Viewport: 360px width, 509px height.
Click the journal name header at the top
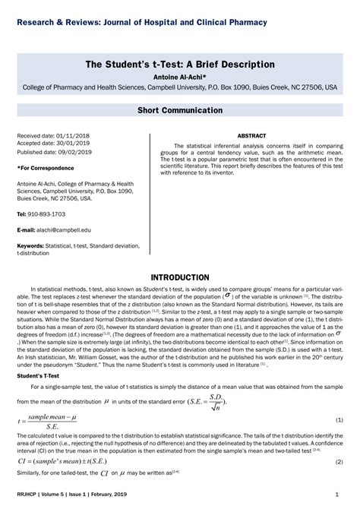point(142,22)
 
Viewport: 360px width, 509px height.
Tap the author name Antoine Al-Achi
point(180,77)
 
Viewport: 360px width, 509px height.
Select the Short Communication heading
point(180,110)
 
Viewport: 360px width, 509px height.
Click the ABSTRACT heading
point(251,135)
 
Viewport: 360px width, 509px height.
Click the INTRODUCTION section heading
point(180,277)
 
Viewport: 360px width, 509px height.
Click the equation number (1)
point(339,420)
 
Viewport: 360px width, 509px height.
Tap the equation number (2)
point(339,461)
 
